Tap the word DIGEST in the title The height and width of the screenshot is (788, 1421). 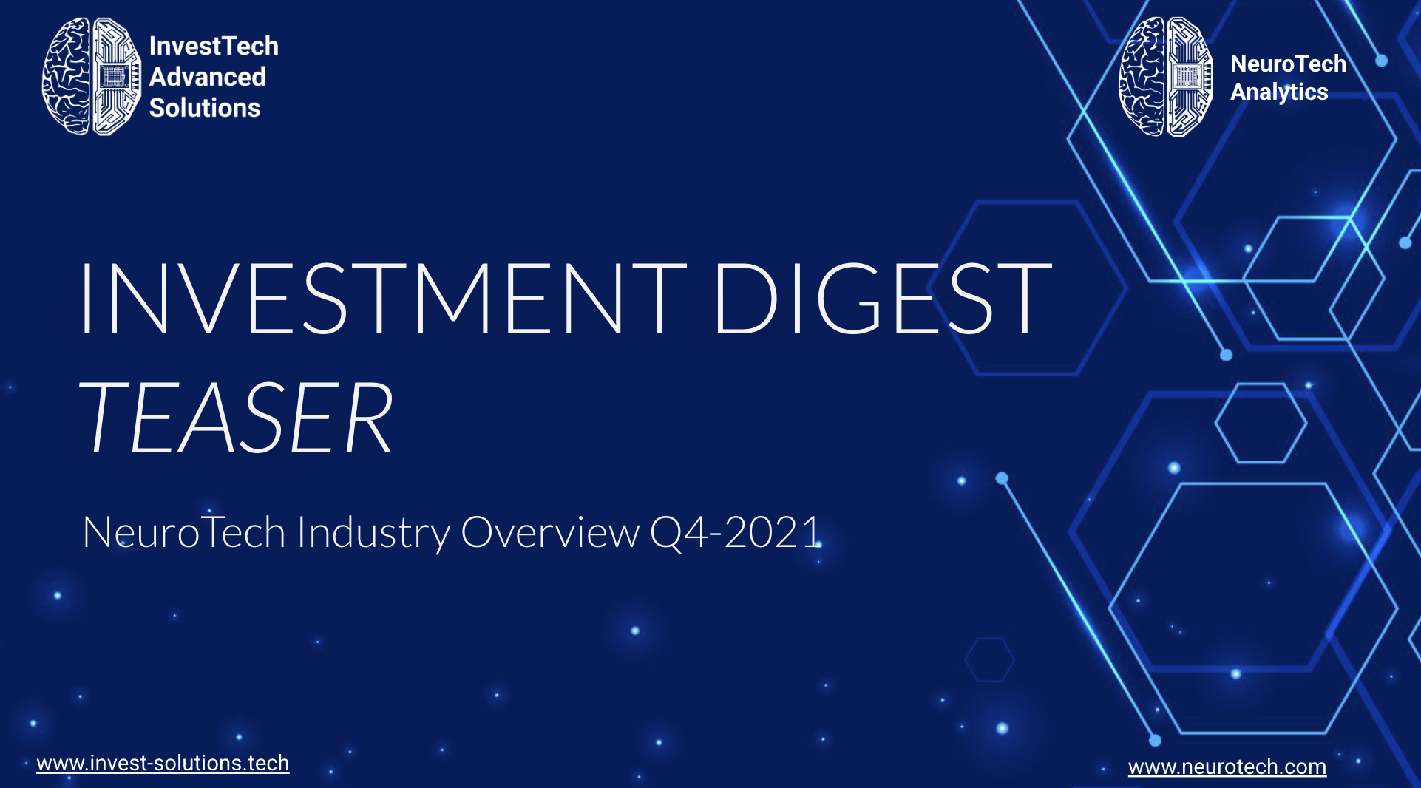click(x=883, y=298)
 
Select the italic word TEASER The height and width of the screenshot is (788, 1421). click(x=236, y=417)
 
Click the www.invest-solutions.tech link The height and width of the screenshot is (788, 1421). click(x=163, y=763)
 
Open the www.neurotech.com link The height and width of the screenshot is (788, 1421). click(x=1227, y=767)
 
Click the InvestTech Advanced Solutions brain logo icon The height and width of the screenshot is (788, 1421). click(x=92, y=76)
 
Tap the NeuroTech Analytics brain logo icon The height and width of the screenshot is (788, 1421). click(x=1166, y=77)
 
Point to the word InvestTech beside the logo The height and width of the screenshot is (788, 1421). click(x=214, y=46)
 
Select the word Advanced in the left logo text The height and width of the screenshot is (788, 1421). click(x=207, y=77)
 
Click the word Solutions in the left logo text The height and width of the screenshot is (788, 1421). click(x=205, y=108)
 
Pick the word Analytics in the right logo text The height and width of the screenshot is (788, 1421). click(x=1279, y=92)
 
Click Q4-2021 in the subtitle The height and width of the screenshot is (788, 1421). click(x=736, y=532)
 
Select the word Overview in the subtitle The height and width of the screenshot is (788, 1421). click(x=550, y=532)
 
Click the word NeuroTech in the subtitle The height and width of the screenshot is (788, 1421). click(x=184, y=532)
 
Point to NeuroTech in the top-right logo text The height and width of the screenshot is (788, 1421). click(x=1288, y=64)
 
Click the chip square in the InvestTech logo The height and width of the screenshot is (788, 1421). click(x=113, y=77)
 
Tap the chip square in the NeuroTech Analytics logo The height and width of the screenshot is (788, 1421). click(x=1187, y=77)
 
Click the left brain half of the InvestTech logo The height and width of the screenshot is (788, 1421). click(x=66, y=76)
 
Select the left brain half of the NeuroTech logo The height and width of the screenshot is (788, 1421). click(x=1142, y=77)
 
